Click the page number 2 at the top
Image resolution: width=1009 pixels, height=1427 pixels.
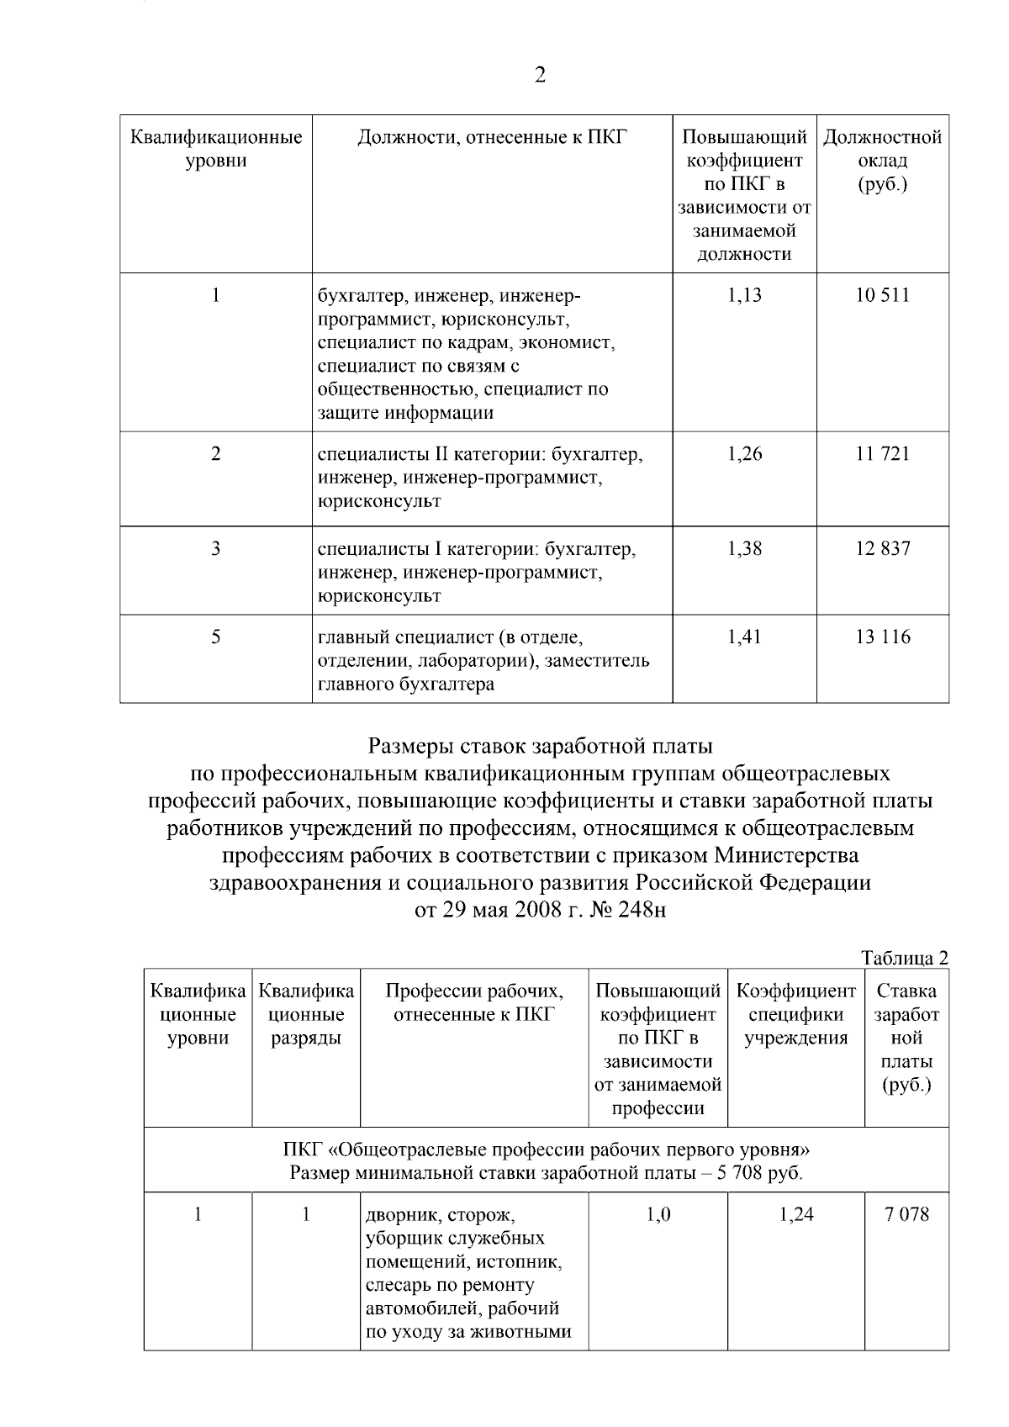coord(540,76)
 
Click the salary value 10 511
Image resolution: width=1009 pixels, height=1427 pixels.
coord(883,295)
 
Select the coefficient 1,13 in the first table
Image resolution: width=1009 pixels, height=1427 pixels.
coord(744,295)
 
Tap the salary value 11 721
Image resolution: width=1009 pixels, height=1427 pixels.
coord(883,454)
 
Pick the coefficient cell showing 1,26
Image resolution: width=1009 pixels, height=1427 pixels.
coord(744,454)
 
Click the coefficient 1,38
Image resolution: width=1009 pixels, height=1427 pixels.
coord(744,549)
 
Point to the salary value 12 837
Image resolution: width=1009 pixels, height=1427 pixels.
coord(883,549)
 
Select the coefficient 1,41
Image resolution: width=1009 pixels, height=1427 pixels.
coord(744,637)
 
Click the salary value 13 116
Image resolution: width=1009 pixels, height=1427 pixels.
coord(883,637)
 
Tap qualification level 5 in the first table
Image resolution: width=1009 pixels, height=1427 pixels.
coord(216,637)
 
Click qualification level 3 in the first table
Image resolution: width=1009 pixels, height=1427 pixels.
coord(216,549)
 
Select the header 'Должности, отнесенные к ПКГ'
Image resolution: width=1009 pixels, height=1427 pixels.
coord(492,137)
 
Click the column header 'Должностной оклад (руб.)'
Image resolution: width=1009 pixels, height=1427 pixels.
coord(883,160)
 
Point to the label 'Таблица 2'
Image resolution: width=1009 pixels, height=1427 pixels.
coord(905,958)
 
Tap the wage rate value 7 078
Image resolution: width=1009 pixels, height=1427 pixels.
coord(906,1214)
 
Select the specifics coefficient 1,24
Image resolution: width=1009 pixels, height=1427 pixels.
coord(796,1214)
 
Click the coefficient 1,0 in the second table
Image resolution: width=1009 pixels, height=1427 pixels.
coord(658,1214)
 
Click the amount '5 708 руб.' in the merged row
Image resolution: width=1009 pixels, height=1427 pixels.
coord(759,1173)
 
